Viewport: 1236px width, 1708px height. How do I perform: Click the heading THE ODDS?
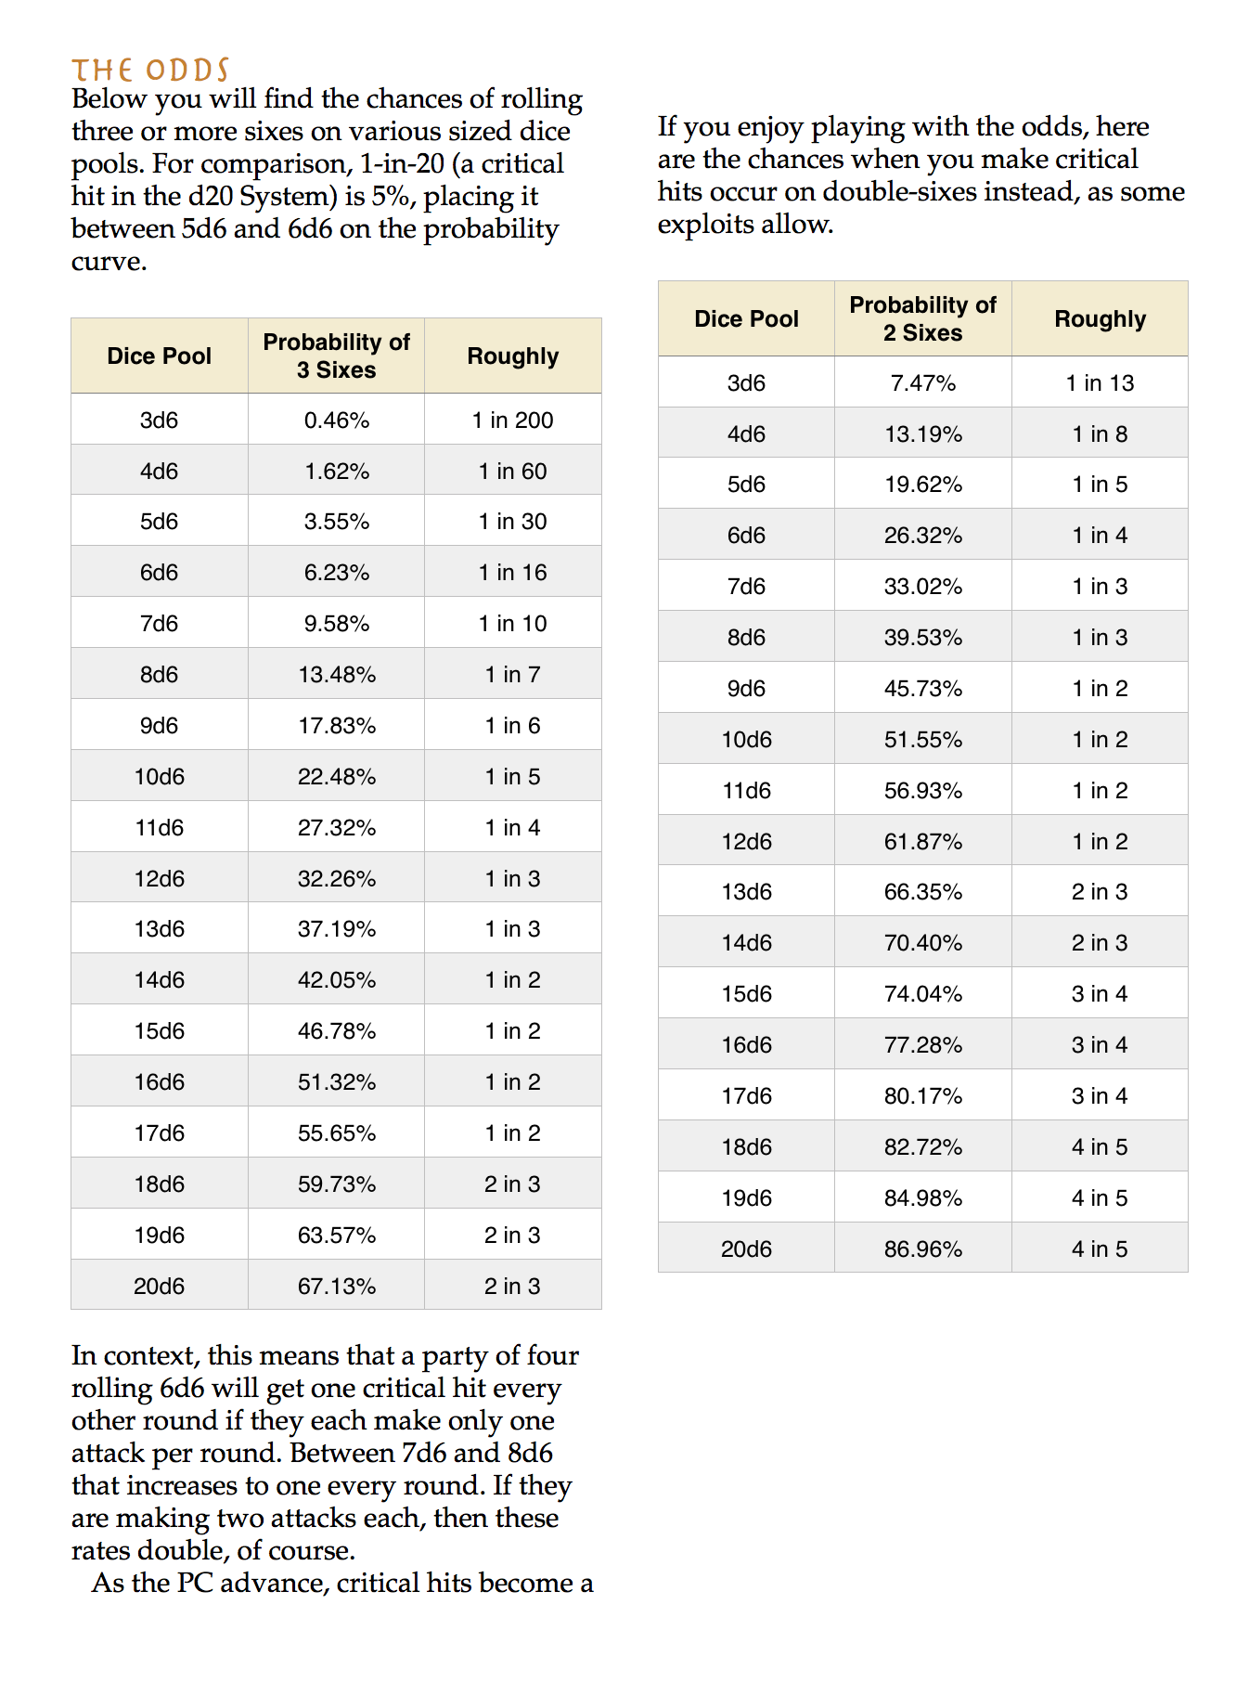[150, 71]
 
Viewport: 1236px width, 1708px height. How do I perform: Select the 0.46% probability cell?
[337, 421]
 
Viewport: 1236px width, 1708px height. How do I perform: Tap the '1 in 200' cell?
[512, 421]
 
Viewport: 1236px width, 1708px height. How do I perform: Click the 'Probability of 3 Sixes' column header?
[337, 356]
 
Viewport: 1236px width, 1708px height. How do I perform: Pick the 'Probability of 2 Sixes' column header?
[923, 318]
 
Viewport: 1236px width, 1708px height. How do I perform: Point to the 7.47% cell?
[923, 383]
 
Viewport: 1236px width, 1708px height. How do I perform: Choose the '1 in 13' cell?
[1100, 383]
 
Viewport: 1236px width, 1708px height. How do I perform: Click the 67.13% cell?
[337, 1287]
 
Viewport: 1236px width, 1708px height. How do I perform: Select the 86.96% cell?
[923, 1249]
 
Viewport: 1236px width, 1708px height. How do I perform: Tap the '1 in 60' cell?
[512, 472]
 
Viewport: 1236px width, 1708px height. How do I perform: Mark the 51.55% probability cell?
[923, 740]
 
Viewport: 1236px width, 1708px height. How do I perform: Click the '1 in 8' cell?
[1100, 434]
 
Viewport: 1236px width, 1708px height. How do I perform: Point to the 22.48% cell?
[337, 777]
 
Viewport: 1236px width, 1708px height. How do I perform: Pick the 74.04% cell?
[923, 994]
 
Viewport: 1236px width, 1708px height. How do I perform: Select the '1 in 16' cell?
[512, 573]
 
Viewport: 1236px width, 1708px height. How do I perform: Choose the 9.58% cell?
[337, 624]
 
